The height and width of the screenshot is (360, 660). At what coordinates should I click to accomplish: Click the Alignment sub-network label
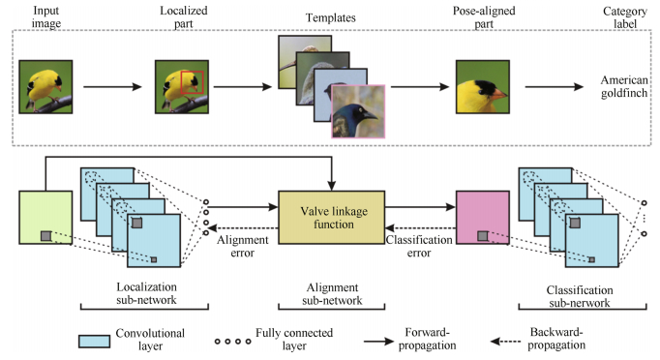tap(332, 296)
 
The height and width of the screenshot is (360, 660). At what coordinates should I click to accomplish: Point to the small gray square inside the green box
tap(44, 235)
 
